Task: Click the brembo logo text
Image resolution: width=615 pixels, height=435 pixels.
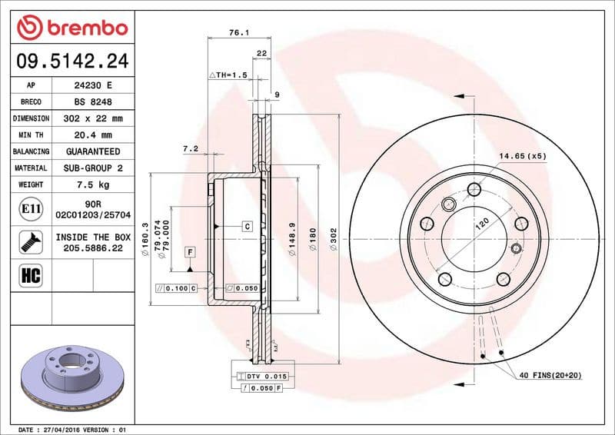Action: pyautogui.click(x=83, y=28)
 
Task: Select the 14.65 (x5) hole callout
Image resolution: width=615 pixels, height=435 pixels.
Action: pyautogui.click(x=522, y=156)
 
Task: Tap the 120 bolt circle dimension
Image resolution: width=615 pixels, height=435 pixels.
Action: pyautogui.click(x=480, y=223)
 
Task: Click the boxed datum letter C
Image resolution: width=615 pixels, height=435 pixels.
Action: pyautogui.click(x=248, y=226)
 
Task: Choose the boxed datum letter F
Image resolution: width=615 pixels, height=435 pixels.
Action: pyautogui.click(x=189, y=252)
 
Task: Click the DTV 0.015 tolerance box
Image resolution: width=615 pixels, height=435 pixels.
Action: pyautogui.click(x=267, y=376)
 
